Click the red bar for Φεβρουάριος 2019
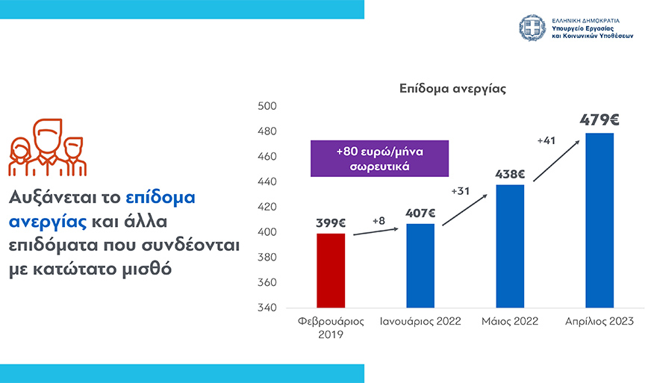pyautogui.click(x=331, y=270)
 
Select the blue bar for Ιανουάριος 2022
pyautogui.click(x=420, y=265)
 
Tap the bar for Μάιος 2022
pyautogui.click(x=510, y=246)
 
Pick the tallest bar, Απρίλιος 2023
pyautogui.click(x=599, y=220)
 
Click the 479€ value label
pyautogui.click(x=599, y=119)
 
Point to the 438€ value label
pyautogui.click(x=510, y=175)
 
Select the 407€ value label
pyautogui.click(x=420, y=213)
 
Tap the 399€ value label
pyautogui.click(x=331, y=222)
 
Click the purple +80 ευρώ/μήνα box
pyautogui.click(x=380, y=158)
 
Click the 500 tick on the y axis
pyautogui.click(x=267, y=107)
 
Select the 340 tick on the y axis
pyautogui.click(x=267, y=308)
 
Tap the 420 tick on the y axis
pyautogui.click(x=267, y=208)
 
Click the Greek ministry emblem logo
pyautogui.click(x=533, y=28)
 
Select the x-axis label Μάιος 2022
pyautogui.click(x=510, y=321)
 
